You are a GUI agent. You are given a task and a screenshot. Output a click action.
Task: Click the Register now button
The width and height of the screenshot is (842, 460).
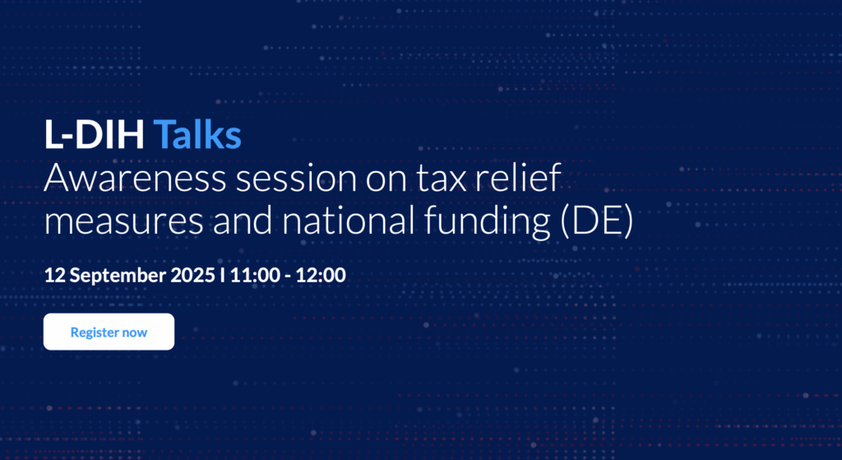coord(109,332)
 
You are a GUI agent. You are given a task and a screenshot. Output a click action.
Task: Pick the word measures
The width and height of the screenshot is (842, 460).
coord(123,221)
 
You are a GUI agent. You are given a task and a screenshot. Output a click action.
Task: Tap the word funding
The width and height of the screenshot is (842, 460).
coord(487,222)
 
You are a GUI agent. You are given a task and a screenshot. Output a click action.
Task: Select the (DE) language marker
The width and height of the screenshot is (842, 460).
coord(597,221)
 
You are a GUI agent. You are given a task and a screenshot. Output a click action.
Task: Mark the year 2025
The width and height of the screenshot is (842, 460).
coord(192,275)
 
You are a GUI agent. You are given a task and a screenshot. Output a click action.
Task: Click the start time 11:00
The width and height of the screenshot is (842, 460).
coord(255,275)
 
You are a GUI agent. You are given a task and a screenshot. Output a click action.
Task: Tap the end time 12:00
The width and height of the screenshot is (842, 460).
coord(321,275)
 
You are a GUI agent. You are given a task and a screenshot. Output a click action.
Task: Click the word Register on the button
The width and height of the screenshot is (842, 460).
coord(94,332)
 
